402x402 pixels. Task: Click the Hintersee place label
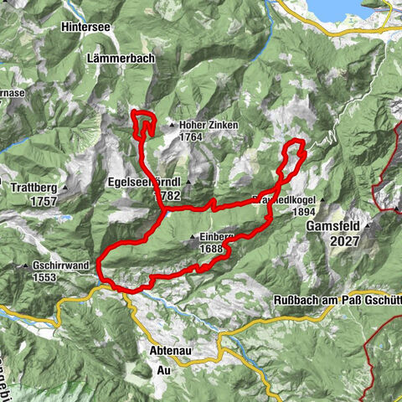pos(87,27)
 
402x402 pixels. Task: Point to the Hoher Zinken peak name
pos(209,126)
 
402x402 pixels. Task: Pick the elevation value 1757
pos(40,202)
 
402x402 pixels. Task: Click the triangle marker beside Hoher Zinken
pos(173,126)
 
